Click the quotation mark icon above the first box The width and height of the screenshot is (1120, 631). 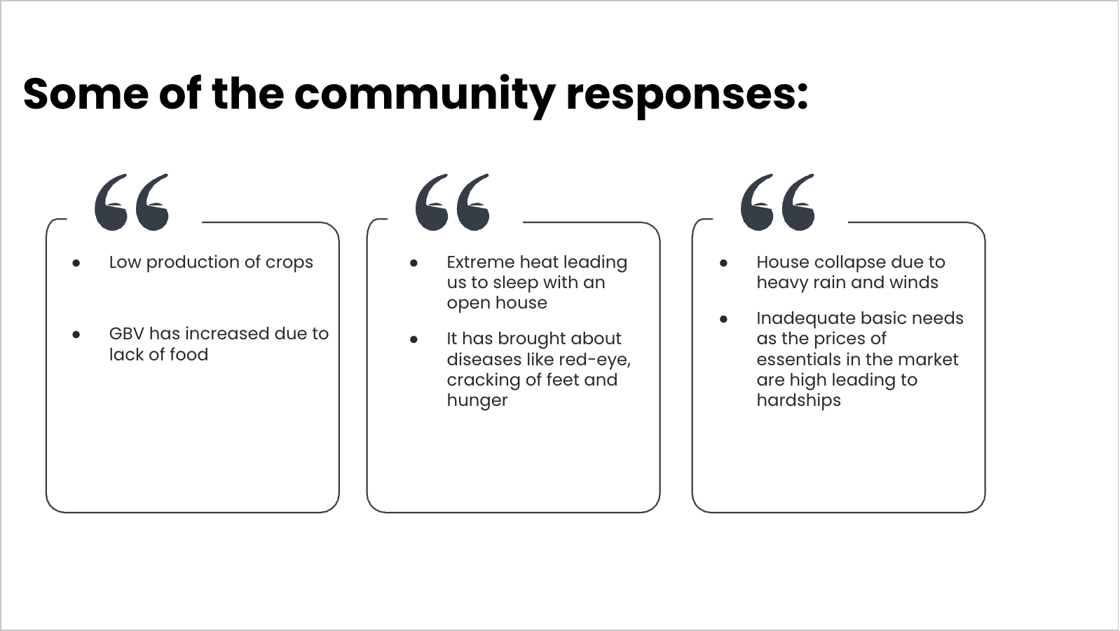(132, 202)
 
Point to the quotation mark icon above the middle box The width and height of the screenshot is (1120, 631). (452, 202)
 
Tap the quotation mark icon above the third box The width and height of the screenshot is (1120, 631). (777, 202)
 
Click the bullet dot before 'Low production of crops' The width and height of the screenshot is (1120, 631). (76, 263)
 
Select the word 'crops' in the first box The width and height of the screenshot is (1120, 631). (289, 263)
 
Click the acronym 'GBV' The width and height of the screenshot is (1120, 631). (126, 334)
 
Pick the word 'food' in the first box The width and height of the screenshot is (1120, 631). (189, 355)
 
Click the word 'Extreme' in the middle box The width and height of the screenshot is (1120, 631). (481, 262)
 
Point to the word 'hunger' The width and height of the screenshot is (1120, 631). (477, 401)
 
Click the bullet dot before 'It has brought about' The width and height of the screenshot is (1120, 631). (414, 339)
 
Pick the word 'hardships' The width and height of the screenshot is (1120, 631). (798, 401)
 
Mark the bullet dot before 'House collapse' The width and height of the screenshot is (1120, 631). (723, 263)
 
